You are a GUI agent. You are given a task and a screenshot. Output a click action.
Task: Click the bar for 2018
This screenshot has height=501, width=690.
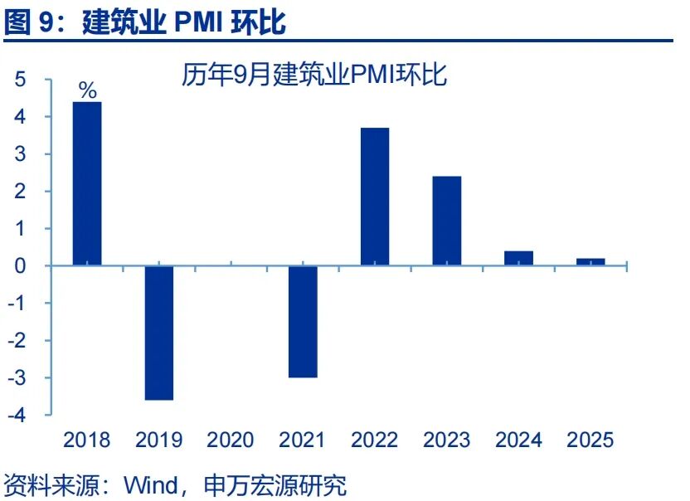point(87,183)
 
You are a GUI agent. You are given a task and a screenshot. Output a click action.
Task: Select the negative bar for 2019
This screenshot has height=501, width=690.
point(159,333)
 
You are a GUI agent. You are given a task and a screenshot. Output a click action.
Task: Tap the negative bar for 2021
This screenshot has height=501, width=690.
point(303,321)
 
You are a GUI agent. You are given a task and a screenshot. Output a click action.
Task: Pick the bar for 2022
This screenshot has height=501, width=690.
point(375,197)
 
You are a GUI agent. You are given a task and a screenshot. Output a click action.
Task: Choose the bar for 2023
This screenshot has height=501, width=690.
point(447,221)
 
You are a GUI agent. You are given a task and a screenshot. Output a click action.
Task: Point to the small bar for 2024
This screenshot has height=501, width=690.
point(519,258)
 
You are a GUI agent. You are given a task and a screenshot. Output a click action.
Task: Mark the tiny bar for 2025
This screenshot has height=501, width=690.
point(590,261)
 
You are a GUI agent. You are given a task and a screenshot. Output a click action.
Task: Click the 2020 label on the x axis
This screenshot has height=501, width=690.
point(231,439)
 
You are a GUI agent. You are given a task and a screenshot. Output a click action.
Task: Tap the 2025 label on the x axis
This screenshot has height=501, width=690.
point(590,439)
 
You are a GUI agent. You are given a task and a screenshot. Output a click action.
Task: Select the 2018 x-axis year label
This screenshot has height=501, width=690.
point(87,439)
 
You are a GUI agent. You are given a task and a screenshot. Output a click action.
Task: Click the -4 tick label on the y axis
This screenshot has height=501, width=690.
point(17,415)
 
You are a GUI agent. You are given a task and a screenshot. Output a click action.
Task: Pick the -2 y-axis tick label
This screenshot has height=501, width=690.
point(17,340)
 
